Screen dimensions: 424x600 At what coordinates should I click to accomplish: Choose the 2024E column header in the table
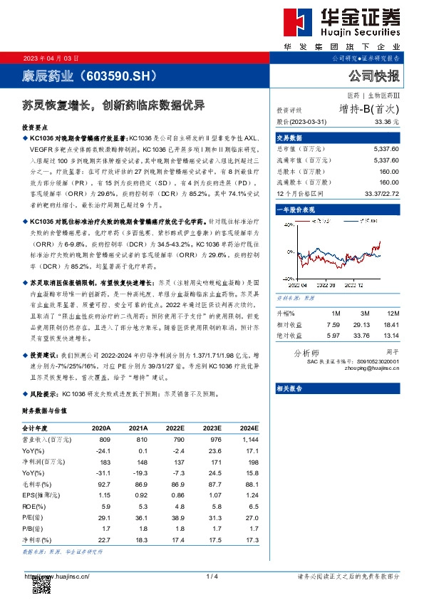(x=249, y=428)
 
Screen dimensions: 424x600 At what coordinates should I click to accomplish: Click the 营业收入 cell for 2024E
(x=250, y=440)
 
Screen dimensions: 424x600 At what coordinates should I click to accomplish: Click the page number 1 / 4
(x=212, y=576)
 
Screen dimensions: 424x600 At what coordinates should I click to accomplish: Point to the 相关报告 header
(x=289, y=388)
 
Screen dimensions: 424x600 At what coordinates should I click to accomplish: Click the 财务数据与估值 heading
(x=45, y=412)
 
